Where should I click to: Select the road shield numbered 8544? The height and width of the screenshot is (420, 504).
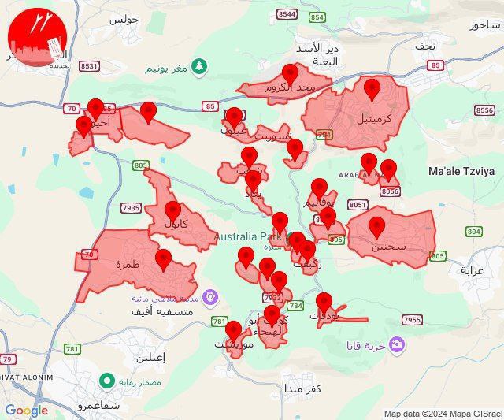click(287, 14)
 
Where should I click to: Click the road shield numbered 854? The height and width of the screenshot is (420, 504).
click(317, 17)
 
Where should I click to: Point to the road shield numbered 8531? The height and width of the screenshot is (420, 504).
click(90, 66)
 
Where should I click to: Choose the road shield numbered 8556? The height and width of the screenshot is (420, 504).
click(486, 110)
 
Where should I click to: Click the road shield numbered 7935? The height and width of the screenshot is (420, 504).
click(132, 208)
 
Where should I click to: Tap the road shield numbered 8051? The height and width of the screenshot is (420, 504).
click(358, 204)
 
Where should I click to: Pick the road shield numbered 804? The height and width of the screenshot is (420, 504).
click(473, 231)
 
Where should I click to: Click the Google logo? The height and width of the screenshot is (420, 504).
click(26, 411)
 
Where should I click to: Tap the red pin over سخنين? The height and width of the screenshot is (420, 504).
click(377, 228)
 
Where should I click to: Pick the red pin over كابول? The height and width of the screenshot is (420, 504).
click(173, 211)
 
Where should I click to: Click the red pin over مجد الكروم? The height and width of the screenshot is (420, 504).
click(291, 75)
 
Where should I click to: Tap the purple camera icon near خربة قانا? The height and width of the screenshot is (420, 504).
click(396, 345)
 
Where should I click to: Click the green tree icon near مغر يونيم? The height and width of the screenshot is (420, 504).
click(200, 64)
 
